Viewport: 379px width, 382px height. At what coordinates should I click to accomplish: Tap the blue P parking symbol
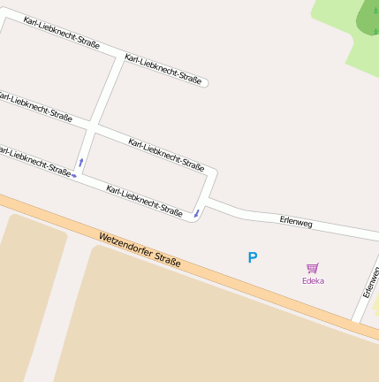252,258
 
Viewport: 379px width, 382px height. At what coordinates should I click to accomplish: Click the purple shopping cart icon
312,268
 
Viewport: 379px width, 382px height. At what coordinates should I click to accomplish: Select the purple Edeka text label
313,281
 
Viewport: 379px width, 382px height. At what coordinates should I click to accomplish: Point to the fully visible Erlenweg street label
296,223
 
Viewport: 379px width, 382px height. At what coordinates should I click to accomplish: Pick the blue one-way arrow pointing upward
81,162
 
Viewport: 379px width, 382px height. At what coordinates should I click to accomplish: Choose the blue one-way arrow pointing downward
196,213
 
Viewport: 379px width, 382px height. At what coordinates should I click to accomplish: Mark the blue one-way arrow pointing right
74,175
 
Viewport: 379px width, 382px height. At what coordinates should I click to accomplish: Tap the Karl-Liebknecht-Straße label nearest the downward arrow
144,201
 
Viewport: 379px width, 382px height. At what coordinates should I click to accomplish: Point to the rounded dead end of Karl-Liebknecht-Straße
204,84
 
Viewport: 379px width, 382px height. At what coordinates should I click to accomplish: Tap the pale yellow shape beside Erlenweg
375,305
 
